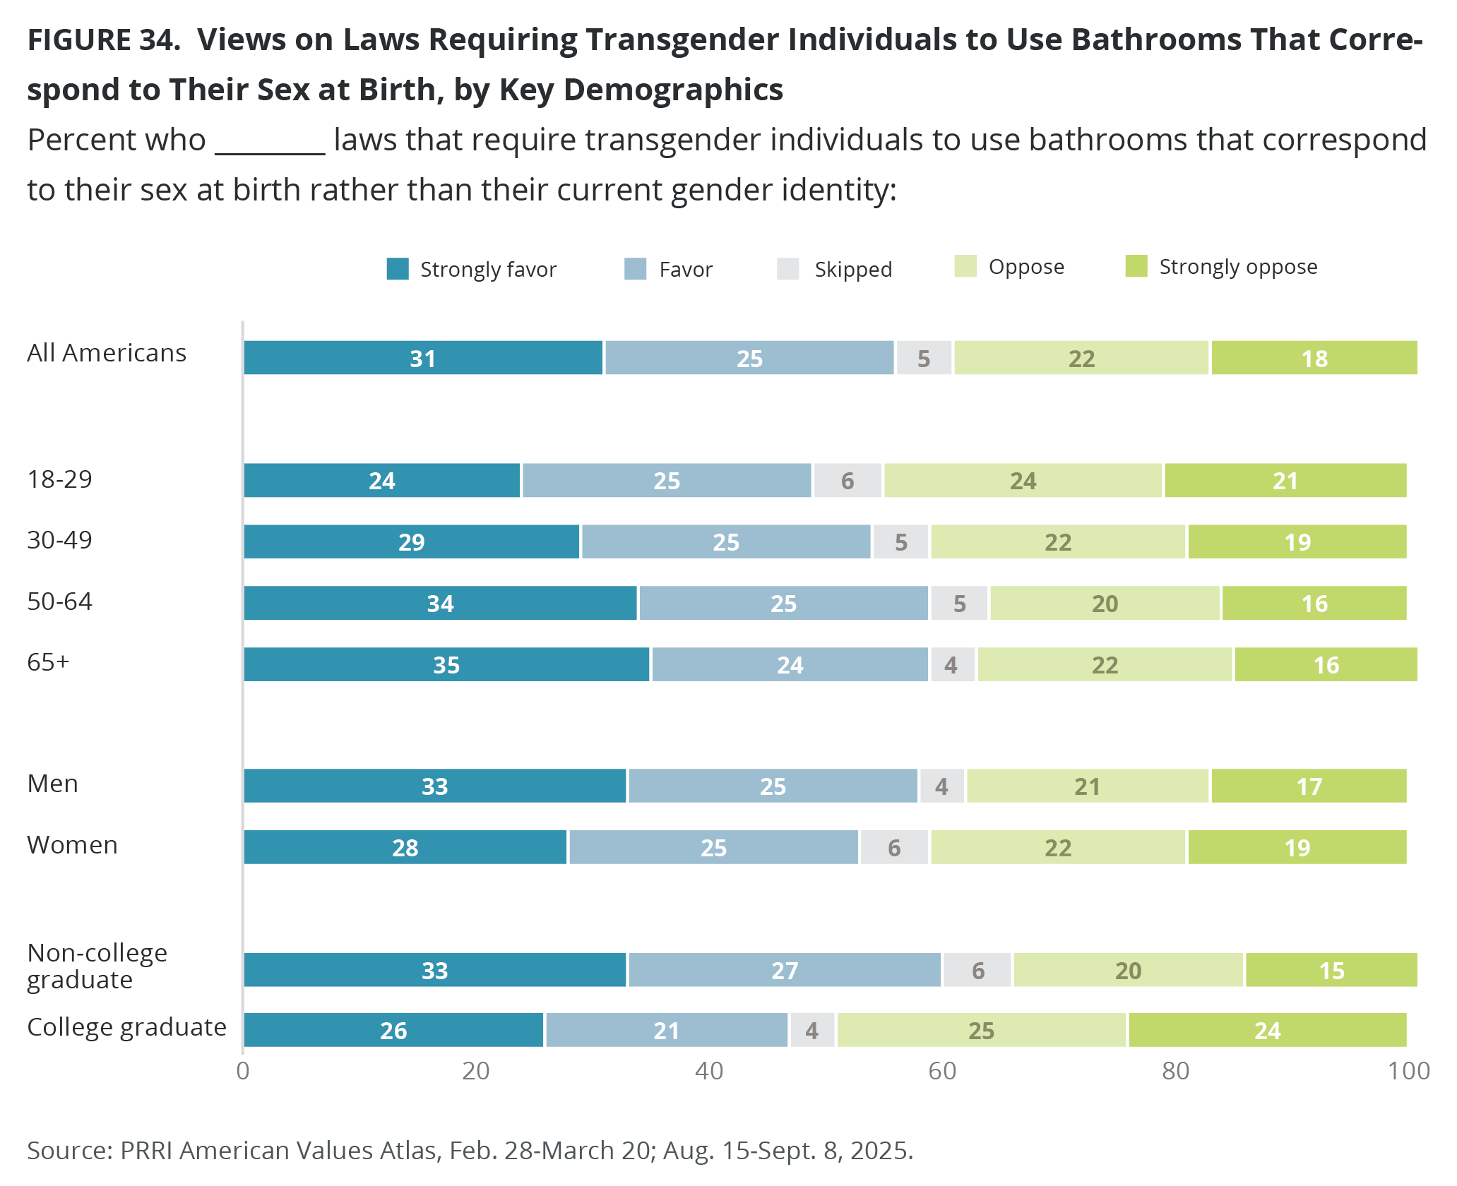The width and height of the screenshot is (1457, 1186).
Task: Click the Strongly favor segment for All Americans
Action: coord(423,358)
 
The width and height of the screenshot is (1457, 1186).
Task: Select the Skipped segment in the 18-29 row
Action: coord(848,481)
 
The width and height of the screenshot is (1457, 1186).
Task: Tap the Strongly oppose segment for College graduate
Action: coord(1267,1031)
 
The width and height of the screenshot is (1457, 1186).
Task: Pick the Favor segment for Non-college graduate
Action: coord(785,970)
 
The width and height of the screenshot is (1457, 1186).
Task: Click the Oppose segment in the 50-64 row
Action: coord(1105,604)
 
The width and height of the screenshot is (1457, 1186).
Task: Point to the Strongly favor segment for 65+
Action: coord(446,665)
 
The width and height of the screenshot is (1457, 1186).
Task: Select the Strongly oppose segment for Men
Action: coord(1309,786)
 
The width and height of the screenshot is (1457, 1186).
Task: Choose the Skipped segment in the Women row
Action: coord(894,848)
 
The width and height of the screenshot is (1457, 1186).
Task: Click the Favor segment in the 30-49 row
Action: coord(725,542)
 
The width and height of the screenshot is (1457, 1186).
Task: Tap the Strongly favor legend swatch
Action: coord(398,269)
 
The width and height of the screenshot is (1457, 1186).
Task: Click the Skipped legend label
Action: coord(853,270)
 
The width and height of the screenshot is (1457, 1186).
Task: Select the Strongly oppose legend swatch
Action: coord(1136,266)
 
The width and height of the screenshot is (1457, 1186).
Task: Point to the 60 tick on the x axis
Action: coord(942,1071)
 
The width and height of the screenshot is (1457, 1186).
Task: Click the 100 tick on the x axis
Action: coord(1408,1071)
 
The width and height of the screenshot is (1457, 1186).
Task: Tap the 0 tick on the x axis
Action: coord(243,1071)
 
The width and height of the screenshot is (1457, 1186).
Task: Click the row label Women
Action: coord(72,845)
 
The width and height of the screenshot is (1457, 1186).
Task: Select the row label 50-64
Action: coord(59,601)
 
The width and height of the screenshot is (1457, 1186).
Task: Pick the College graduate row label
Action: coord(126,1027)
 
